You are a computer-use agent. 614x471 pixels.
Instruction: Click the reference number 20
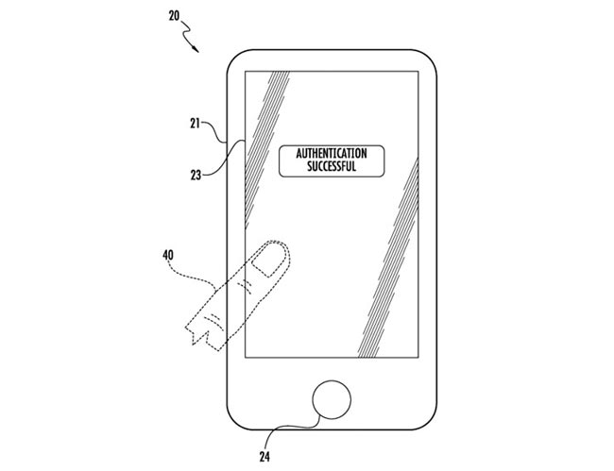(174, 16)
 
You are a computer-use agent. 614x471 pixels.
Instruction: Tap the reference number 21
(195, 124)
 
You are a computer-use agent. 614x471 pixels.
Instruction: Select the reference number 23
(196, 176)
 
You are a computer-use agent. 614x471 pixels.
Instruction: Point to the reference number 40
(168, 256)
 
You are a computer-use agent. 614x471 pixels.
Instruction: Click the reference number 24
(264, 457)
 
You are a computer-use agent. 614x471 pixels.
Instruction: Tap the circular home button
(332, 400)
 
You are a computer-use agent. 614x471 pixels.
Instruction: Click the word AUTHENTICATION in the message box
(332, 153)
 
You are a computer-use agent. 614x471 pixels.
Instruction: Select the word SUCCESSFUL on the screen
(332, 166)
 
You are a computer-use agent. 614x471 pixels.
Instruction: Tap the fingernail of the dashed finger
(268, 261)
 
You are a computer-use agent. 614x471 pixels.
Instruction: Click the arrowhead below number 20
(196, 48)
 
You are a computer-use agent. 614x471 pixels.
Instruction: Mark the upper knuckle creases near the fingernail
(246, 287)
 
